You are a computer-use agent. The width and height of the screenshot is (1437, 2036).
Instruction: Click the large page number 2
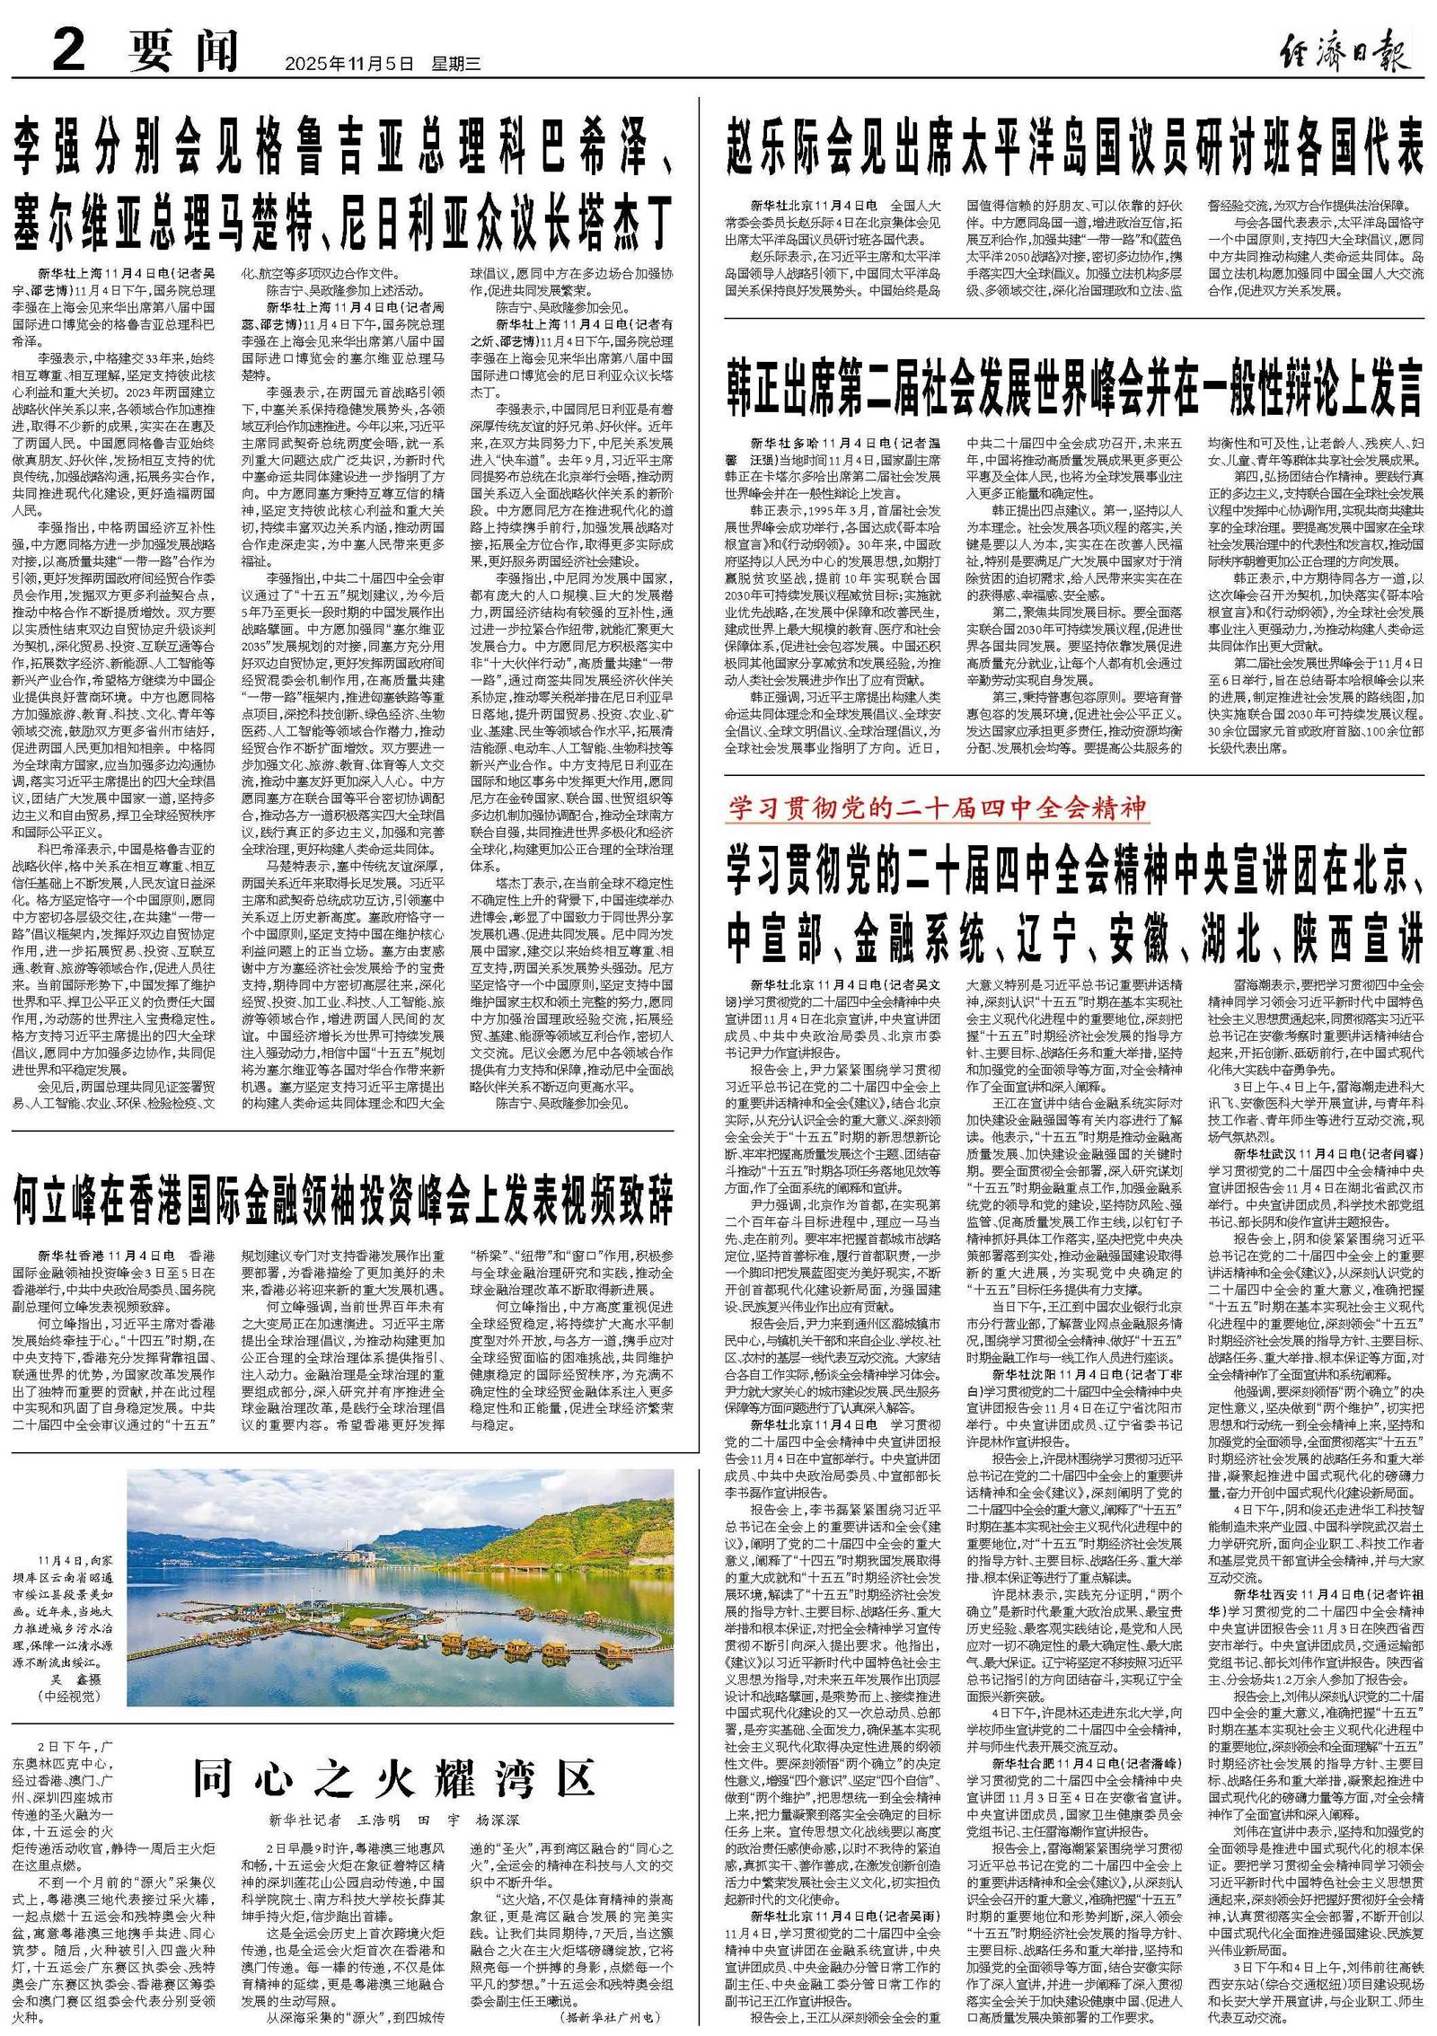point(68,52)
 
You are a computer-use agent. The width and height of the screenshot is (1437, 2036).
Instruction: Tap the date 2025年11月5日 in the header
point(349,64)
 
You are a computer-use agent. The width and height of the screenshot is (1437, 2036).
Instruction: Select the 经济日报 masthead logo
point(1343,52)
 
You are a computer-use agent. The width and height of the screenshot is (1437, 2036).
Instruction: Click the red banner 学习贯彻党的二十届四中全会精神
point(938,809)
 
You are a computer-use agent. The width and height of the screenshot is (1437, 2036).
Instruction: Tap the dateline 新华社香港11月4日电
point(106,1254)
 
